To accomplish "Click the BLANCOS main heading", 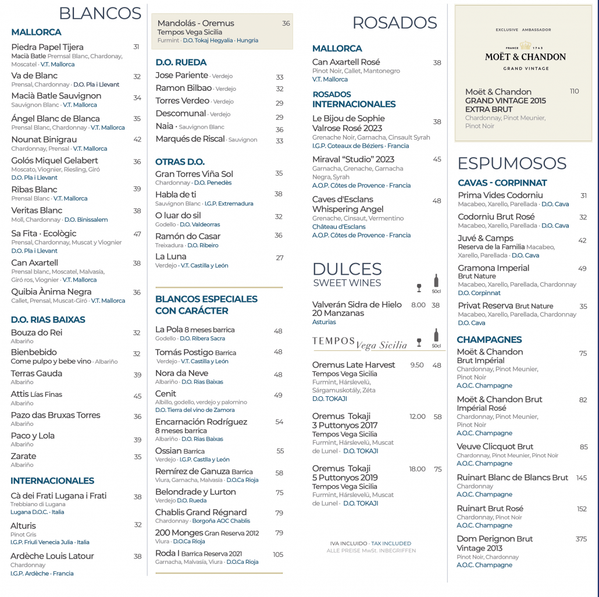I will (x=100, y=13).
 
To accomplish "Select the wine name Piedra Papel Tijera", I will (x=47, y=47).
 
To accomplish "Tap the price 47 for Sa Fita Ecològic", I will (x=137, y=234).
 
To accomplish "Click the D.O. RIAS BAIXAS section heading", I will (x=48, y=319).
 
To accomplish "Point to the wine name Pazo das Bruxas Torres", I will (x=55, y=415).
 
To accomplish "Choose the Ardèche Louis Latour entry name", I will (x=52, y=556).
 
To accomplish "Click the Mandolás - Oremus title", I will (x=195, y=23).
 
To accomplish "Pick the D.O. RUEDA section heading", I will (x=181, y=62).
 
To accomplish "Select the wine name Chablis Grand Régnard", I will (x=201, y=513).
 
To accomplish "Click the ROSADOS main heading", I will (x=394, y=23).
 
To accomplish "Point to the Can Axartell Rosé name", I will (x=346, y=62).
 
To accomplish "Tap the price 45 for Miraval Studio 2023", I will (x=437, y=159).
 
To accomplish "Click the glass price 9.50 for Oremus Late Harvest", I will (x=417, y=365).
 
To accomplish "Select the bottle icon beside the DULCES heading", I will (x=436, y=281).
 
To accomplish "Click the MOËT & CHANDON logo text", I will (x=525, y=56).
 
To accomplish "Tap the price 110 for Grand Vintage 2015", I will (x=575, y=91).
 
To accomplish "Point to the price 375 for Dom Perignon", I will (x=581, y=539).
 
